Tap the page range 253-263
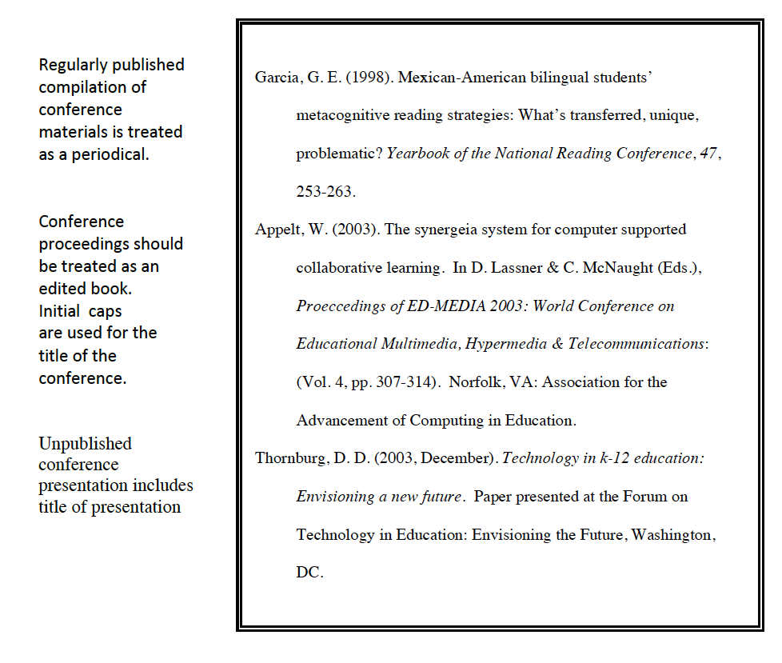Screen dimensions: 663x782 coord(325,192)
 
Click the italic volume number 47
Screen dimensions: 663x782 coord(708,154)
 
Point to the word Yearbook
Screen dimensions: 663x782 coord(417,154)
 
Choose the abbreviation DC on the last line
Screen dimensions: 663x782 coord(309,573)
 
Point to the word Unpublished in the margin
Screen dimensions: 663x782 coord(85,443)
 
